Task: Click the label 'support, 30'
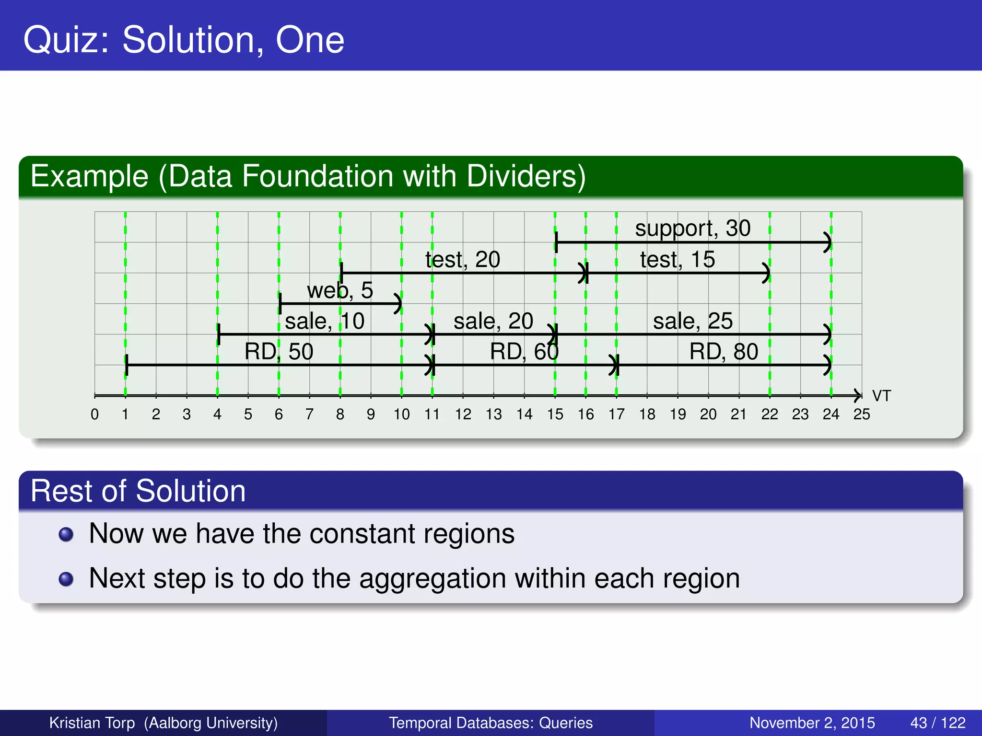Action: (692, 229)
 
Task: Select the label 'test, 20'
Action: (463, 260)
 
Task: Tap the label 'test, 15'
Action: (677, 260)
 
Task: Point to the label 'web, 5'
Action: (339, 291)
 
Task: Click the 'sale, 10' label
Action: (325, 322)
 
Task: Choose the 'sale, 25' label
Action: (692, 322)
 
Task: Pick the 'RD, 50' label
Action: (279, 352)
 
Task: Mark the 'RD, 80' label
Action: (723, 352)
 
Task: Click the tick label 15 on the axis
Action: (555, 414)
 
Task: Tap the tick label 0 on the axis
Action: (94, 414)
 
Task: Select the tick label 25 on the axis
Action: (861, 414)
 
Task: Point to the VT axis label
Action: (881, 396)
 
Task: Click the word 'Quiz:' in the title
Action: (67, 40)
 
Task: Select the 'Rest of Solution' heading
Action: (138, 491)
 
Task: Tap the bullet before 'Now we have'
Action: (66, 534)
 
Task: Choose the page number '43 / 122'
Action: (937, 723)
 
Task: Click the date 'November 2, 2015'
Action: (812, 723)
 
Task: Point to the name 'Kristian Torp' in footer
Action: (92, 723)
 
